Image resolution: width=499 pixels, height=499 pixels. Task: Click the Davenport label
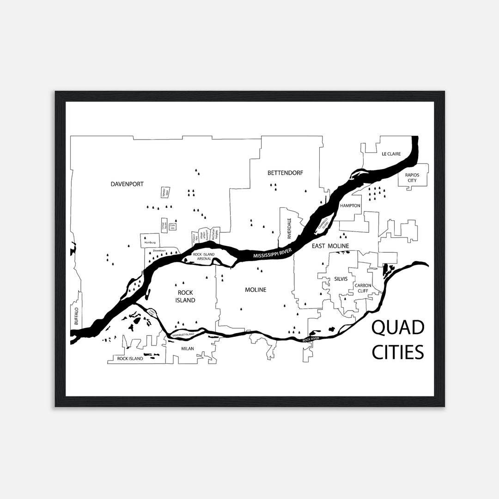tap(127, 184)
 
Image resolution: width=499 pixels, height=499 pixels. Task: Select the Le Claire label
tap(390, 154)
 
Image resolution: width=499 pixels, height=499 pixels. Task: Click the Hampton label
tap(350, 205)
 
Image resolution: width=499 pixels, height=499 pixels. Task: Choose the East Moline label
tap(330, 246)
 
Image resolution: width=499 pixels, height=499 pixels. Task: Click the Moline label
tap(256, 290)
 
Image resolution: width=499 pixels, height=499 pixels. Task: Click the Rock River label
tap(311, 340)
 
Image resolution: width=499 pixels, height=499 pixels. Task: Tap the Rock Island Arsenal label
tap(202, 256)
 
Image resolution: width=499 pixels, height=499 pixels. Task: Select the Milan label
tap(188, 349)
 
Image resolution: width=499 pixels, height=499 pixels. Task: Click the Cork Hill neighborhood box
tap(172, 226)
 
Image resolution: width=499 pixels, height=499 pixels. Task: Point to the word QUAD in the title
tap(398, 329)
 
